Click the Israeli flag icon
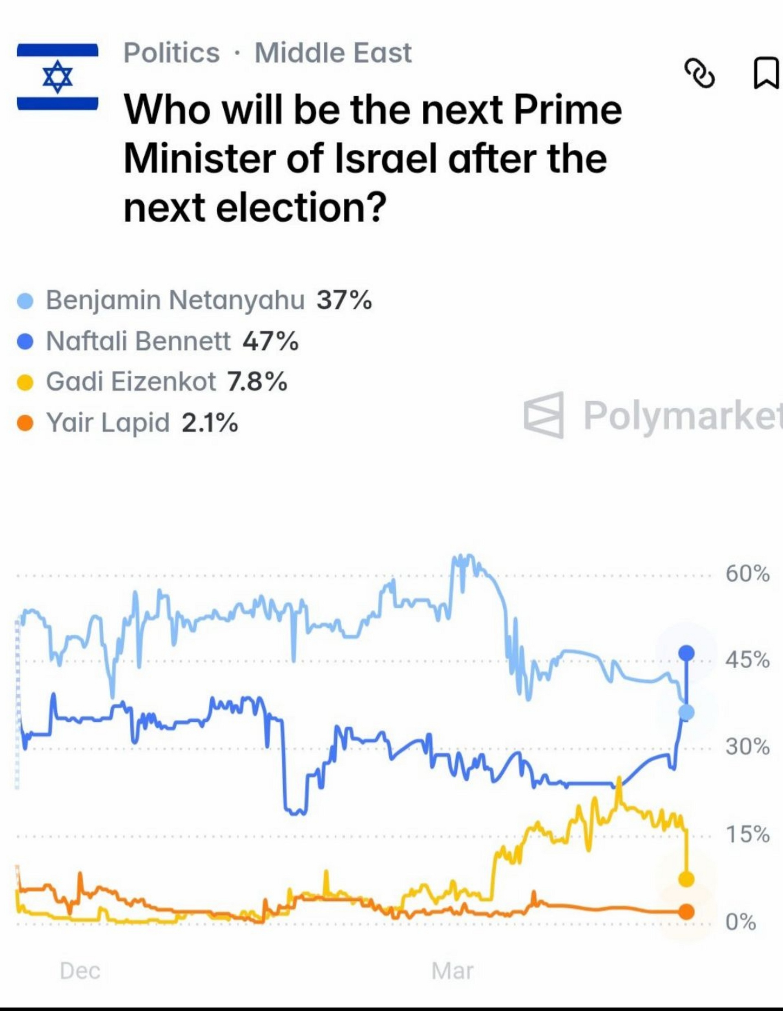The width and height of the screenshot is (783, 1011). (58, 77)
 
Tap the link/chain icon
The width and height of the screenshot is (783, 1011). (699, 73)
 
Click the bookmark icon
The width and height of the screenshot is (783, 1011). (766, 73)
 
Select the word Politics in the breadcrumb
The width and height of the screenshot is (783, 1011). (172, 53)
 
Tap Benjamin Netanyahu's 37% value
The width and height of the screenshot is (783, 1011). (344, 300)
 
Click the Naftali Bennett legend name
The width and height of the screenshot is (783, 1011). (138, 341)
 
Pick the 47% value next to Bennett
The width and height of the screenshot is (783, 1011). (270, 342)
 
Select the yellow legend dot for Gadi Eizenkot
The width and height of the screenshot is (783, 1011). (25, 383)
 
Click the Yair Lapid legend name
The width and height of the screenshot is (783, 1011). (108, 422)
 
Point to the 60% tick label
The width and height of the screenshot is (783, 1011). (748, 574)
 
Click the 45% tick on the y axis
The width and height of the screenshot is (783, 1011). (748, 660)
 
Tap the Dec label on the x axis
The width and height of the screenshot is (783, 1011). (80, 971)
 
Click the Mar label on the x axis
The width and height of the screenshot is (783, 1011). (452, 971)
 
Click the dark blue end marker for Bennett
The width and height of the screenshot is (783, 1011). (686, 653)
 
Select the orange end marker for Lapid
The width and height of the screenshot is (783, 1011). (686, 912)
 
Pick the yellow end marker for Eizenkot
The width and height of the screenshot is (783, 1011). (686, 879)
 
